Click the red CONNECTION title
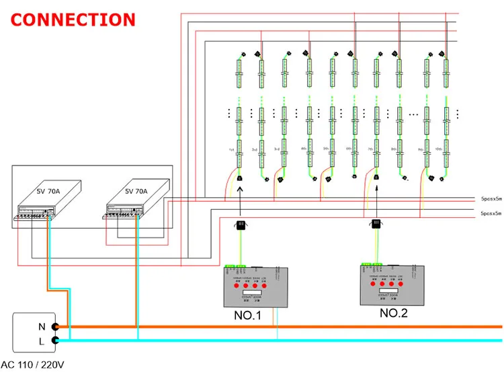73,20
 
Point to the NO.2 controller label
393,312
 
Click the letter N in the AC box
41,326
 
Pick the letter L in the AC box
41,340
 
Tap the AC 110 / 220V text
36,365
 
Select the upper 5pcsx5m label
491,199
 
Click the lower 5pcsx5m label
491,213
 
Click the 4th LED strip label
304,149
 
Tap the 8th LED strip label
393,149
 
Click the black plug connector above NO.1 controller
240,225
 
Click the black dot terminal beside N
55,327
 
